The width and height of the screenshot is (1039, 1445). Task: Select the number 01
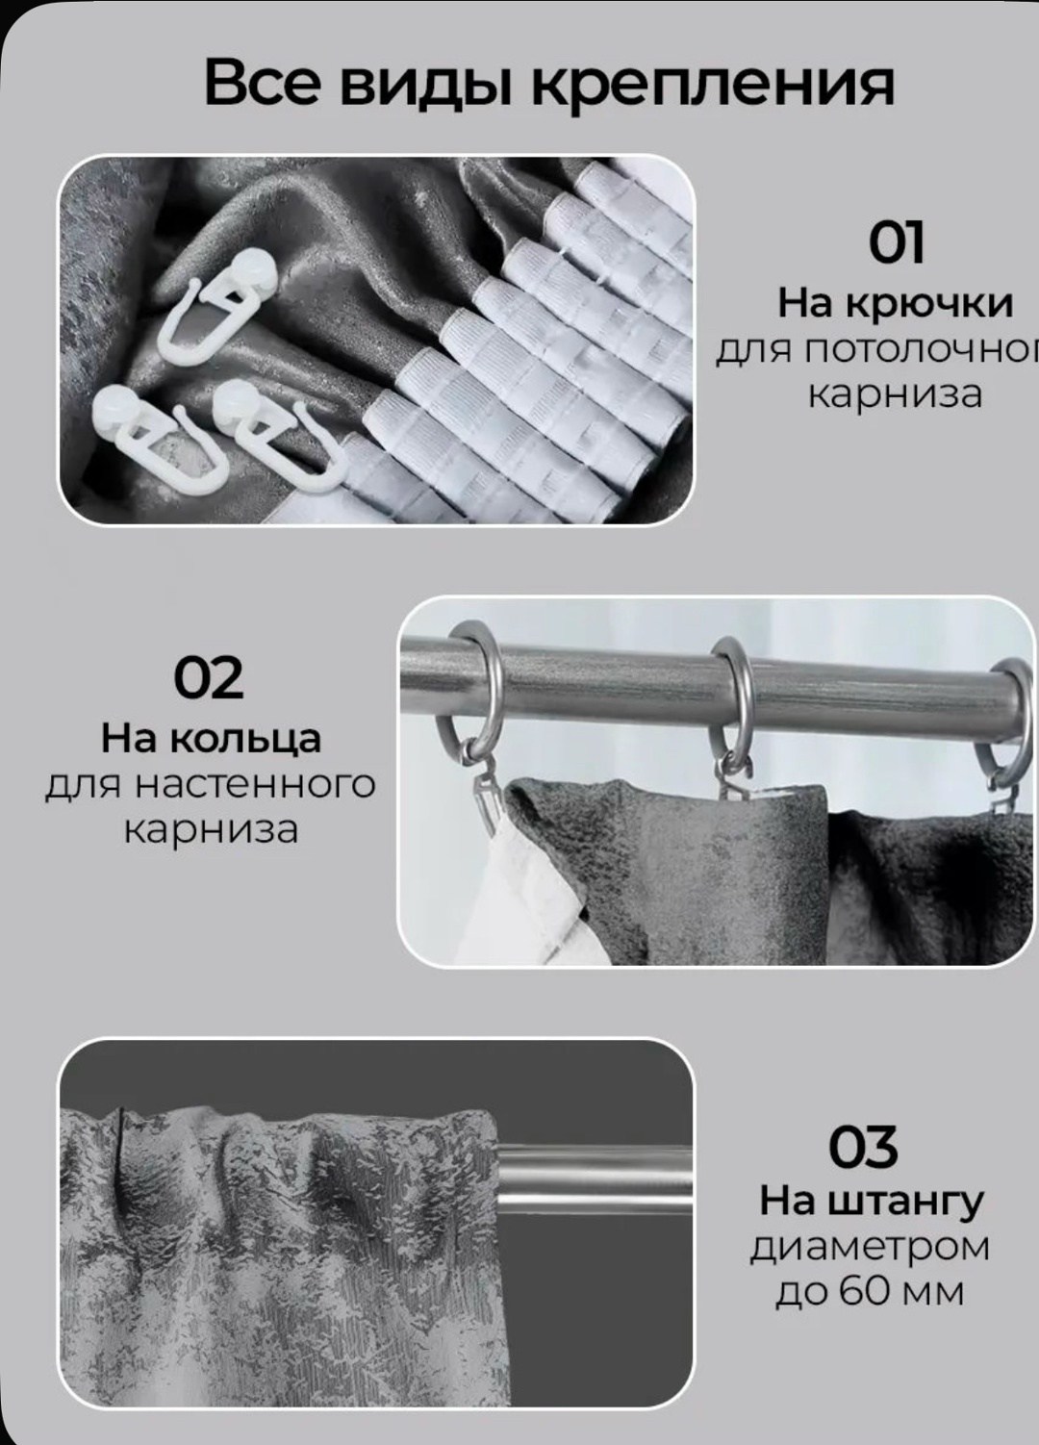pyautogui.click(x=897, y=242)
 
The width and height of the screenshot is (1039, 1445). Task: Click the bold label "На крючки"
pyautogui.click(x=896, y=304)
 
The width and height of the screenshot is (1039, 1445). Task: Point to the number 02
pyautogui.click(x=209, y=678)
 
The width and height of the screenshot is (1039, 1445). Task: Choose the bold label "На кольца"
pyautogui.click(x=211, y=740)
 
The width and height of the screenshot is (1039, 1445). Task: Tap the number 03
pyautogui.click(x=863, y=1148)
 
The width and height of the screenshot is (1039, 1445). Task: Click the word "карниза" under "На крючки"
pyautogui.click(x=896, y=395)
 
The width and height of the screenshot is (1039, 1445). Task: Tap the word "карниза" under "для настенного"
pyautogui.click(x=211, y=830)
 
